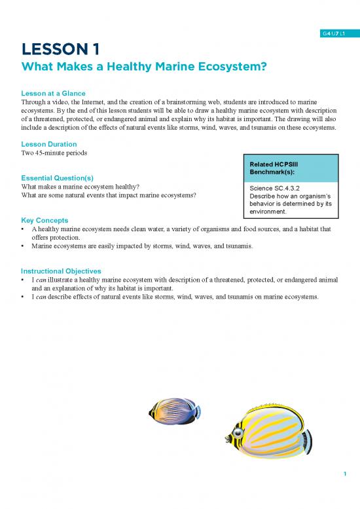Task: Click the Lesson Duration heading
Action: pyautogui.click(x=49, y=143)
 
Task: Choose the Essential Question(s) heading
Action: pyautogui.click(x=57, y=177)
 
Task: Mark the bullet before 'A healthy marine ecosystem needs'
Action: pyautogui.click(x=24, y=231)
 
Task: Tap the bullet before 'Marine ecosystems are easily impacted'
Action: pyautogui.click(x=24, y=247)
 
